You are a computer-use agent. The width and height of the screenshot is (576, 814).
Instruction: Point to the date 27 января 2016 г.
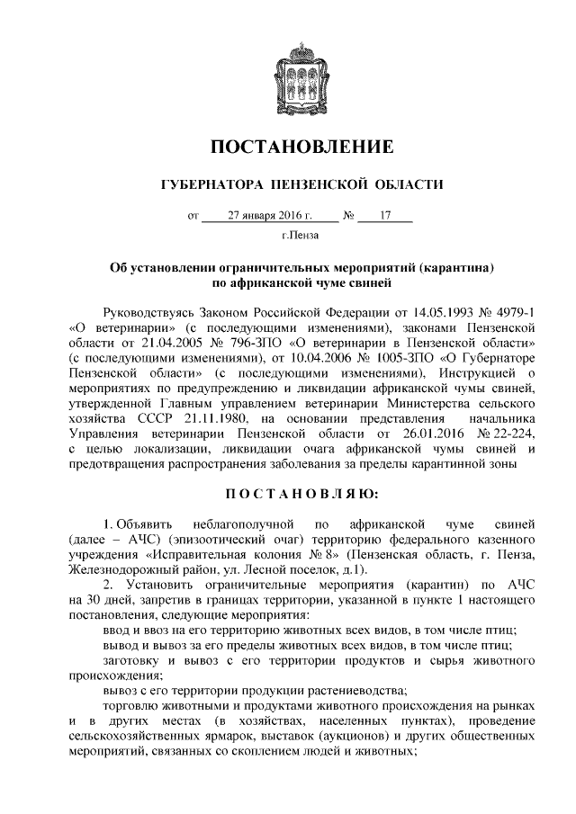point(270,216)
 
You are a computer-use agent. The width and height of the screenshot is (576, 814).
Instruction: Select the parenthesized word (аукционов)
point(330,739)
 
